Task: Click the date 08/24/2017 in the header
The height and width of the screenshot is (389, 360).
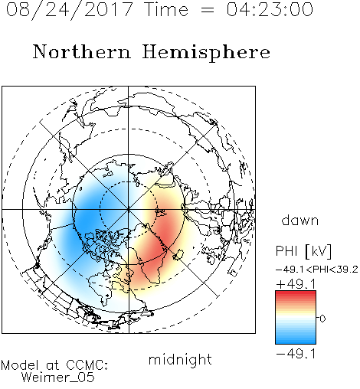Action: point(70,10)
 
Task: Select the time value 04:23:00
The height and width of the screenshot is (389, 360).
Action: point(270,9)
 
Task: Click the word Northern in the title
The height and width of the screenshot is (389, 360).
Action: point(82,51)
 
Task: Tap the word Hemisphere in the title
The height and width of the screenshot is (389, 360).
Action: point(206,53)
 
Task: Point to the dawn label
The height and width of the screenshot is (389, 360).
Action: point(300,220)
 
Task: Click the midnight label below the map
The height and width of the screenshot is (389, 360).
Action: point(180,361)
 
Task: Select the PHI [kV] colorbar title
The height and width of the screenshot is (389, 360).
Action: point(303,251)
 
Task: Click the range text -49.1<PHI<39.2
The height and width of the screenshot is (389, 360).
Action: point(317,270)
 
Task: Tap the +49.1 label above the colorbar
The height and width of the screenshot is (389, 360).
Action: point(296,284)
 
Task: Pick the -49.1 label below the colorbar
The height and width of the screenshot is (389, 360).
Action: point(296,354)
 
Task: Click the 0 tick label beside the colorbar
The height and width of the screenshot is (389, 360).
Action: point(322,319)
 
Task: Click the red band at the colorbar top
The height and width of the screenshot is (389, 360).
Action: point(296,294)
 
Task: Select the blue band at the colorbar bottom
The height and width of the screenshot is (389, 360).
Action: point(296,340)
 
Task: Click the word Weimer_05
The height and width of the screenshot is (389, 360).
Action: point(58,378)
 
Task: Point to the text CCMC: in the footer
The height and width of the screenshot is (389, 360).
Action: point(87,365)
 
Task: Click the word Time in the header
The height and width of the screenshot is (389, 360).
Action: point(166,9)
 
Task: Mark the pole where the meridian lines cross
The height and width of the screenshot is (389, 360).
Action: point(129,209)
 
